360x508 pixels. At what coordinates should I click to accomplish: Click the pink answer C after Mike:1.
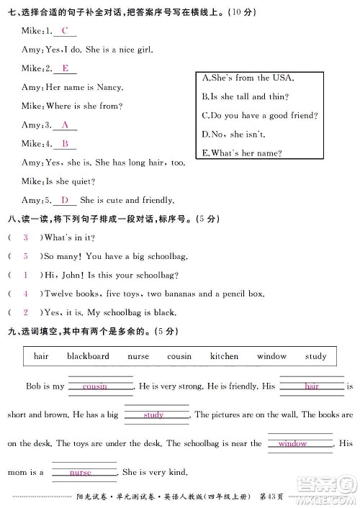[65, 31]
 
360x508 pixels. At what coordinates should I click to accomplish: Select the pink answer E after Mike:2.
[65, 68]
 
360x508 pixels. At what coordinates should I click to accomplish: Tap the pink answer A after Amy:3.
[65, 124]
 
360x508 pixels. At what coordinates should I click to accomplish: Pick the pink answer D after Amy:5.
[65, 200]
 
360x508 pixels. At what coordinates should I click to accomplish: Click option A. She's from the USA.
[248, 78]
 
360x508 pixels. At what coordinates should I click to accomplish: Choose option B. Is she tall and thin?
[245, 96]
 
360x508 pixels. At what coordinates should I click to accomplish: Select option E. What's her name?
[242, 153]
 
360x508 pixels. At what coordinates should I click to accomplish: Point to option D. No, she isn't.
[235, 134]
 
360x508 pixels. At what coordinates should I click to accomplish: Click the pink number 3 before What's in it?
[25, 237]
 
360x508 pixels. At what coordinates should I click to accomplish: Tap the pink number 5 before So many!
[25, 256]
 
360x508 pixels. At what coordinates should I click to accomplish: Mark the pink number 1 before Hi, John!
[25, 275]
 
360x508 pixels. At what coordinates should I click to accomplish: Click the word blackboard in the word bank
[88, 356]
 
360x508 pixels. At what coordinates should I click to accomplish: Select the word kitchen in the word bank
[224, 356]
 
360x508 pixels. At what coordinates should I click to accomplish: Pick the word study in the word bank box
[315, 356]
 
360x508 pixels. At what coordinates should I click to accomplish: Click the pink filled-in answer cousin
[95, 386]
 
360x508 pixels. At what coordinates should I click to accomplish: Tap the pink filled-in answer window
[292, 444]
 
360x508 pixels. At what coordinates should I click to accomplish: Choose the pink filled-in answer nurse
[81, 473]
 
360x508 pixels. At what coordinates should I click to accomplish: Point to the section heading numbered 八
[10, 219]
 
